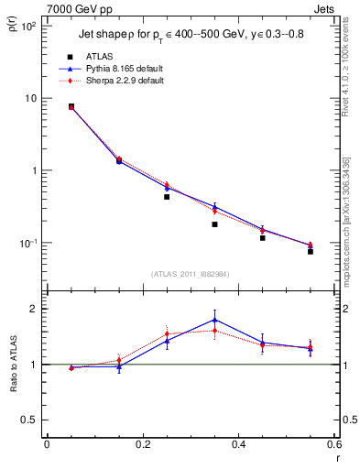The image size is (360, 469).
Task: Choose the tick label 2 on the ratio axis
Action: click(33, 309)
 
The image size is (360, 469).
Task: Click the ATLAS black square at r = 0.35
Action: click(214, 224)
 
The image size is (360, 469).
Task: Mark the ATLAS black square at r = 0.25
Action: click(167, 196)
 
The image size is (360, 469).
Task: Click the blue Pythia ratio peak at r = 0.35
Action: click(214, 320)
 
